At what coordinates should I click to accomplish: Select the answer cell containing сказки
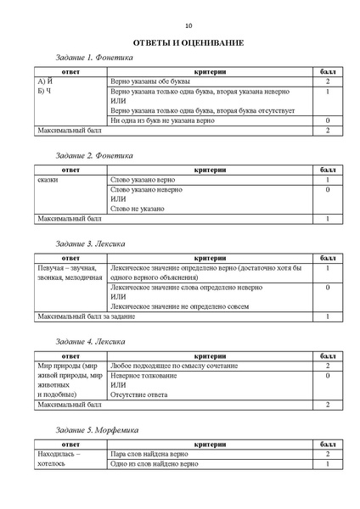(x=48, y=181)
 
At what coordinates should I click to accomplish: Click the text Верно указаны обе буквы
(x=150, y=82)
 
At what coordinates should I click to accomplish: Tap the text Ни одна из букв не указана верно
(x=167, y=121)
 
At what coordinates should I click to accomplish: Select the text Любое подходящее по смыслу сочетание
(x=174, y=366)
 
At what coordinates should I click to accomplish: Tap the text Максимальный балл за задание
(x=86, y=316)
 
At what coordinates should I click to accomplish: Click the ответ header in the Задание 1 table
(x=70, y=72)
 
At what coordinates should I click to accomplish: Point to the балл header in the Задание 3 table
(x=327, y=258)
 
